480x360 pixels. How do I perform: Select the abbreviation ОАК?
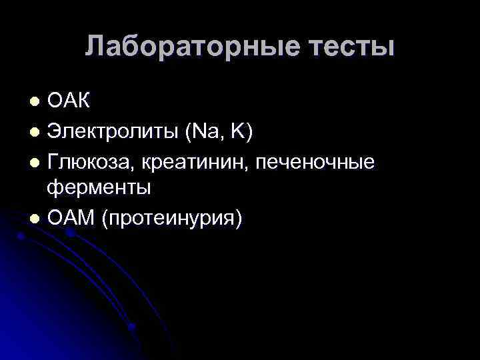pyautogui.click(x=69, y=102)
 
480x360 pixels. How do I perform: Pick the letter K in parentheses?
pyautogui.click(x=237, y=132)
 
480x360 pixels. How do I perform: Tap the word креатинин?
pyautogui.click(x=199, y=161)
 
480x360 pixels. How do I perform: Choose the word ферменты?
pyautogui.click(x=99, y=189)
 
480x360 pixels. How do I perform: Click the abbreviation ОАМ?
pyautogui.click(x=71, y=218)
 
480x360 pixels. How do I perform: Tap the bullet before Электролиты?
pyautogui.click(x=35, y=133)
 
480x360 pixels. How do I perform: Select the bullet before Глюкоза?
pyautogui.click(x=35, y=162)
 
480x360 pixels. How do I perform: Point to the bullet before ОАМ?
pyautogui.click(x=35, y=219)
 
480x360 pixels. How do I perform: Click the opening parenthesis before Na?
pyautogui.click(x=188, y=133)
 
